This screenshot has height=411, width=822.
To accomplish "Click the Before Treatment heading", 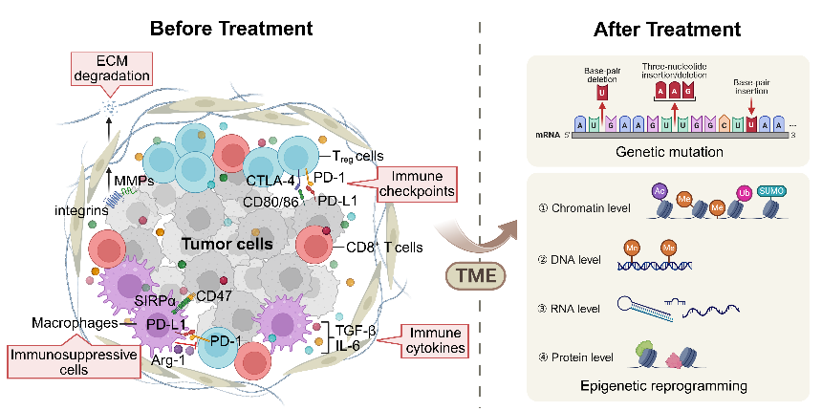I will (x=225, y=30).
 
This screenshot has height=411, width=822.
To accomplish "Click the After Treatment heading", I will (x=668, y=30).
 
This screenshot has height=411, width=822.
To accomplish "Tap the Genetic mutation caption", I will (x=668, y=152).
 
